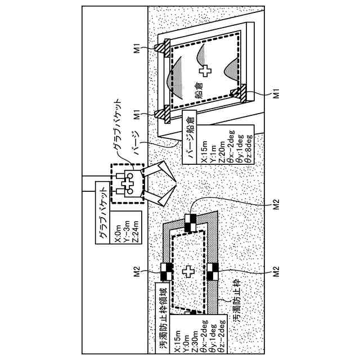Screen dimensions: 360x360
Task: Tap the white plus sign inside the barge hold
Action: [206, 71]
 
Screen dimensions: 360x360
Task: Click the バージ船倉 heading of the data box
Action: [191, 136]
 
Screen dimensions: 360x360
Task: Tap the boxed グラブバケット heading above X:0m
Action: [104, 216]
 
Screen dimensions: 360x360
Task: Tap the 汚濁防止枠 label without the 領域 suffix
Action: [237, 306]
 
